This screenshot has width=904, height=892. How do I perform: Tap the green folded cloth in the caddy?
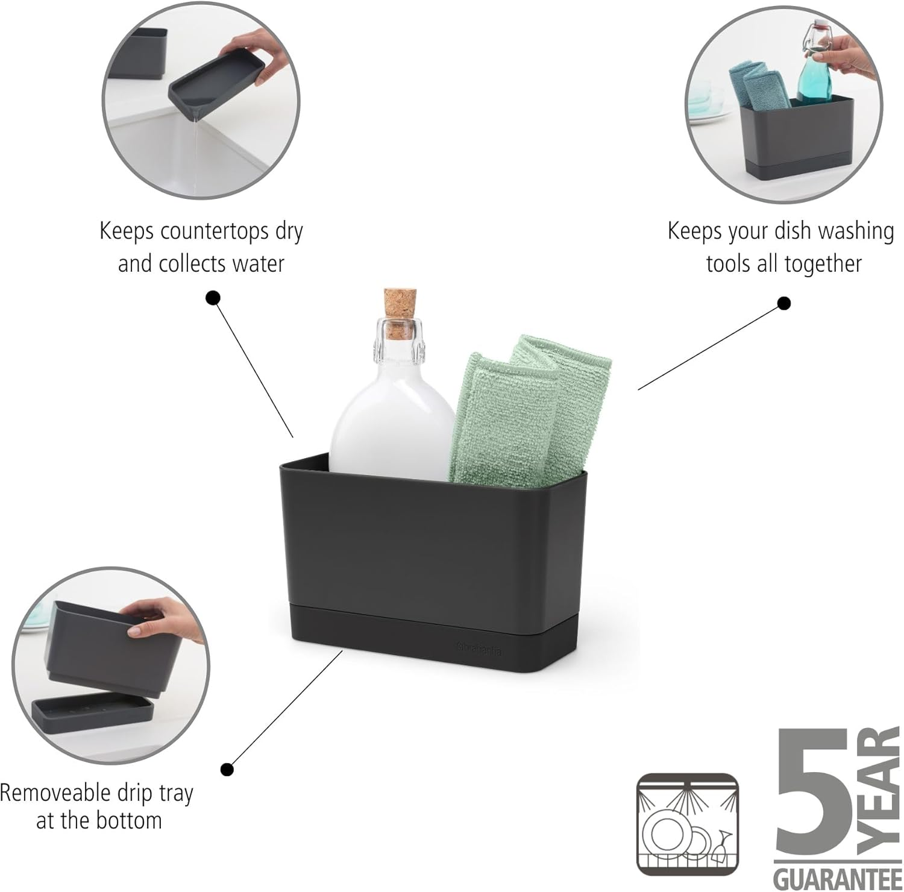point(518,416)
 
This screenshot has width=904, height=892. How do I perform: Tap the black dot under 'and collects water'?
point(213,297)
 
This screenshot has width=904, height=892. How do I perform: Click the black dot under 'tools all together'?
point(783,303)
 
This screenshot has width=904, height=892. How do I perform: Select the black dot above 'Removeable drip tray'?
point(227,769)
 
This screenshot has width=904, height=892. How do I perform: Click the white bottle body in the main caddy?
point(392,416)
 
